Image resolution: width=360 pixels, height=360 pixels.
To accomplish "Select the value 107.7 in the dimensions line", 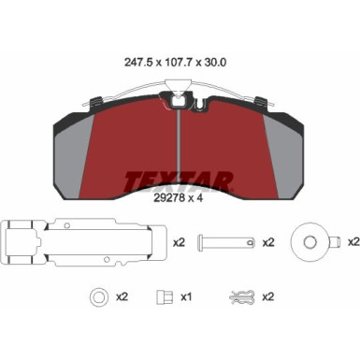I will [x=180, y=65].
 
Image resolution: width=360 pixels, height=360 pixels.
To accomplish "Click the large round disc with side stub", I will [x=311, y=241].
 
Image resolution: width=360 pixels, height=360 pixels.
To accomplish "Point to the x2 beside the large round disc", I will [x=353, y=242].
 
